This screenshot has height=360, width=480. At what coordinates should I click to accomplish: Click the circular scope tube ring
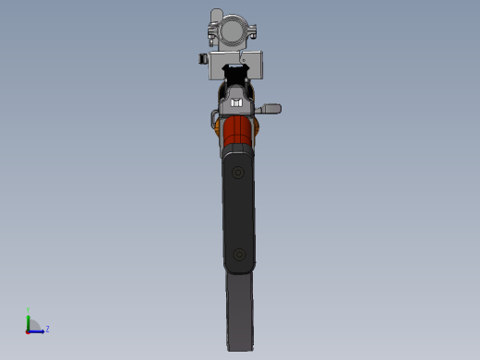(x=232, y=30)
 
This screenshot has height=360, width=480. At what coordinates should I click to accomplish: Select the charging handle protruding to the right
(x=270, y=110)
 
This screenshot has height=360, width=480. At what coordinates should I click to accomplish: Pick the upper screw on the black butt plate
(x=239, y=173)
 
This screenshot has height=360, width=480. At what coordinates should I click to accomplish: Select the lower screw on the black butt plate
(x=239, y=253)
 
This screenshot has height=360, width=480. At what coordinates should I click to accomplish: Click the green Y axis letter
(x=28, y=310)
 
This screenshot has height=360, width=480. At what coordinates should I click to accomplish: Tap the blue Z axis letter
(x=47, y=328)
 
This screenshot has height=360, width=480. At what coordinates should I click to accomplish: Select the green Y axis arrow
(x=29, y=318)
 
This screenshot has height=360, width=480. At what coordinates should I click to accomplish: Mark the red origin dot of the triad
(x=29, y=330)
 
